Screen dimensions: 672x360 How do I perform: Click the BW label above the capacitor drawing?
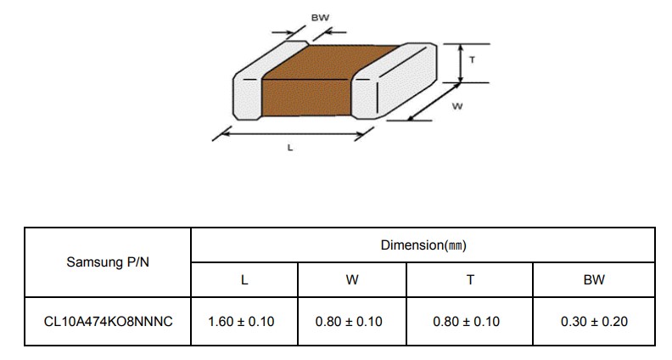320,18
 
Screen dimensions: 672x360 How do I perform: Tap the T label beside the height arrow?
472,60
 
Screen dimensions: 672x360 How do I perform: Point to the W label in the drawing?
457,106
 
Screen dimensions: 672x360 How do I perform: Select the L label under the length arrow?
290,148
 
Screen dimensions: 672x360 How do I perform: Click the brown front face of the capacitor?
306,98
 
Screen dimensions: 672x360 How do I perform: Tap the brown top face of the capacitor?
330,62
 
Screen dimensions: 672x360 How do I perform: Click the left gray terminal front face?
247,98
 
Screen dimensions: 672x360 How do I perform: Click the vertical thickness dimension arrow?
460,63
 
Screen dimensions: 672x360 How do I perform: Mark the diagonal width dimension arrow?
434,102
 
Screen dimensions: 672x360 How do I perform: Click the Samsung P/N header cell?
108,262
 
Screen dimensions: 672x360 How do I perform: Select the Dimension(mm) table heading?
423,245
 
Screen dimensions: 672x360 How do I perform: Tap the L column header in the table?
244,280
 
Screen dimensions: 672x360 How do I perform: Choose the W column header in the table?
352,280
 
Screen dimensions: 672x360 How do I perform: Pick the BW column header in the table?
594,280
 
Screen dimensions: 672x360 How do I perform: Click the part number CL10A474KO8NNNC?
108,322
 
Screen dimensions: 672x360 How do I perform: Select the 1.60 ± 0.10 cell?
241,322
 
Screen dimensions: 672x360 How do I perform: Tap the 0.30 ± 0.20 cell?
594,322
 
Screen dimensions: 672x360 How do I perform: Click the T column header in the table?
470,280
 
